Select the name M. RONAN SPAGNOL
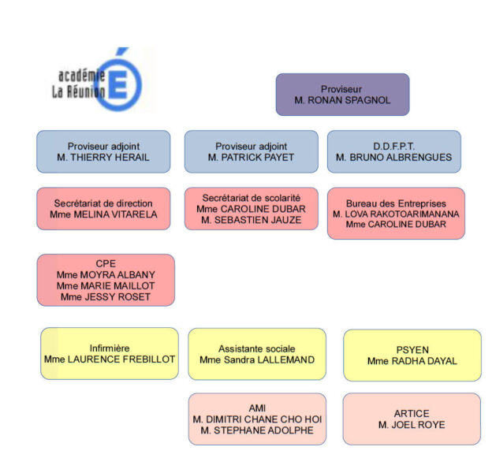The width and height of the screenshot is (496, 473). pyautogui.click(x=342, y=101)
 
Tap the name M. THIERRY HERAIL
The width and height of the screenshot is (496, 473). pyautogui.click(x=103, y=158)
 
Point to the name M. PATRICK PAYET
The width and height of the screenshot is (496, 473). pyautogui.click(x=251, y=158)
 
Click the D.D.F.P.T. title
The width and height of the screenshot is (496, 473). pyautogui.click(x=393, y=146)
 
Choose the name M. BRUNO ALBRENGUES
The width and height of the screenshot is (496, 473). pyautogui.click(x=393, y=158)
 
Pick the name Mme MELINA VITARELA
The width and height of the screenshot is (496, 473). pyautogui.click(x=103, y=214)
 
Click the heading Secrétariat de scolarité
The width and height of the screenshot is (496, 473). pyautogui.click(x=251, y=196)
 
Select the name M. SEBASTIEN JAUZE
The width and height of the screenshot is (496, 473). pyautogui.click(x=251, y=220)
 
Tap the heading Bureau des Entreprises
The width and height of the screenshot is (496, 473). pyautogui.click(x=396, y=203)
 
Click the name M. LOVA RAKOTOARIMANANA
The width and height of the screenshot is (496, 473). pyautogui.click(x=396, y=214)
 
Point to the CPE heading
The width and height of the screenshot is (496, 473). pyautogui.click(x=106, y=263)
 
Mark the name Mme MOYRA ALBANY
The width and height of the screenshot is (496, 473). pyautogui.click(x=106, y=274)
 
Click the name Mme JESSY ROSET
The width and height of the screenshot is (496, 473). pyautogui.click(x=106, y=296)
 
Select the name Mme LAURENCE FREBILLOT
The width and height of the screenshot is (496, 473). pyautogui.click(x=110, y=359)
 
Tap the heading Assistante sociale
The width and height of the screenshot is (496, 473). pyautogui.click(x=257, y=348)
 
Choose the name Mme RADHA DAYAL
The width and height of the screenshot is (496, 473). pyautogui.click(x=412, y=361)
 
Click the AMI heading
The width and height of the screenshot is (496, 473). pyautogui.click(x=257, y=408)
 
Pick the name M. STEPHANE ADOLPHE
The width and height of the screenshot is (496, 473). pyautogui.click(x=257, y=430)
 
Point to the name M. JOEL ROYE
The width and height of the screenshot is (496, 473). pyautogui.click(x=412, y=425)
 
